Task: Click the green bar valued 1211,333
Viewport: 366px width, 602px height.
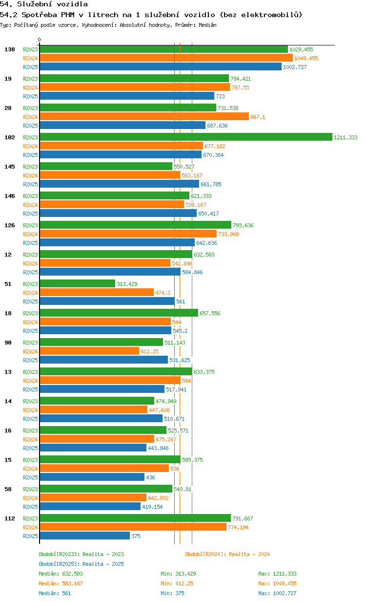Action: pos(186,137)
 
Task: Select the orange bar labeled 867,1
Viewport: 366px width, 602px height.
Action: pos(144,117)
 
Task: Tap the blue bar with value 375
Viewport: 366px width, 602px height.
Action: pos(85,536)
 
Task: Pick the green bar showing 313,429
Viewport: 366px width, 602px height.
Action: pos(78,284)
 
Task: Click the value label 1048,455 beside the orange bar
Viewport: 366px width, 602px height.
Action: pos(306,58)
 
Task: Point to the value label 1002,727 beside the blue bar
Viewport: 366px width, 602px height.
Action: pos(295,67)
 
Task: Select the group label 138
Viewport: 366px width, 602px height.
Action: pos(10,49)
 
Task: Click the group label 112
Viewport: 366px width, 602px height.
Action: pos(10,518)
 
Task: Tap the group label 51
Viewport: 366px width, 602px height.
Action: pos(8,284)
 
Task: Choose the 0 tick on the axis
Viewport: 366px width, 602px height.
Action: pos(39,40)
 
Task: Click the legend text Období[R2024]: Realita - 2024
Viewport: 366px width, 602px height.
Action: pos(227,554)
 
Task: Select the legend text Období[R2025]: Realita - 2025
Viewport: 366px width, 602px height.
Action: pos(81,564)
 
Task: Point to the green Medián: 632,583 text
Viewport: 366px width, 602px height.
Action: pos(61,574)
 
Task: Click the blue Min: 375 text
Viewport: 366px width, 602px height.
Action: pos(173,593)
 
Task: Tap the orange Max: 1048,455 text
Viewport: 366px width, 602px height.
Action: pos(278,583)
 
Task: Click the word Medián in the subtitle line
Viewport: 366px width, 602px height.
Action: pos(207,25)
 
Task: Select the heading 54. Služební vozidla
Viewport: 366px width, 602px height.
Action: pos(44,4)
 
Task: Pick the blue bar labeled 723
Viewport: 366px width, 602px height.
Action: pos(127,96)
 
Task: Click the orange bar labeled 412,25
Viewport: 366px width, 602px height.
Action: pos(90,351)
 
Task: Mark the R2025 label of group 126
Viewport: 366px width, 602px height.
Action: pos(30,243)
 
